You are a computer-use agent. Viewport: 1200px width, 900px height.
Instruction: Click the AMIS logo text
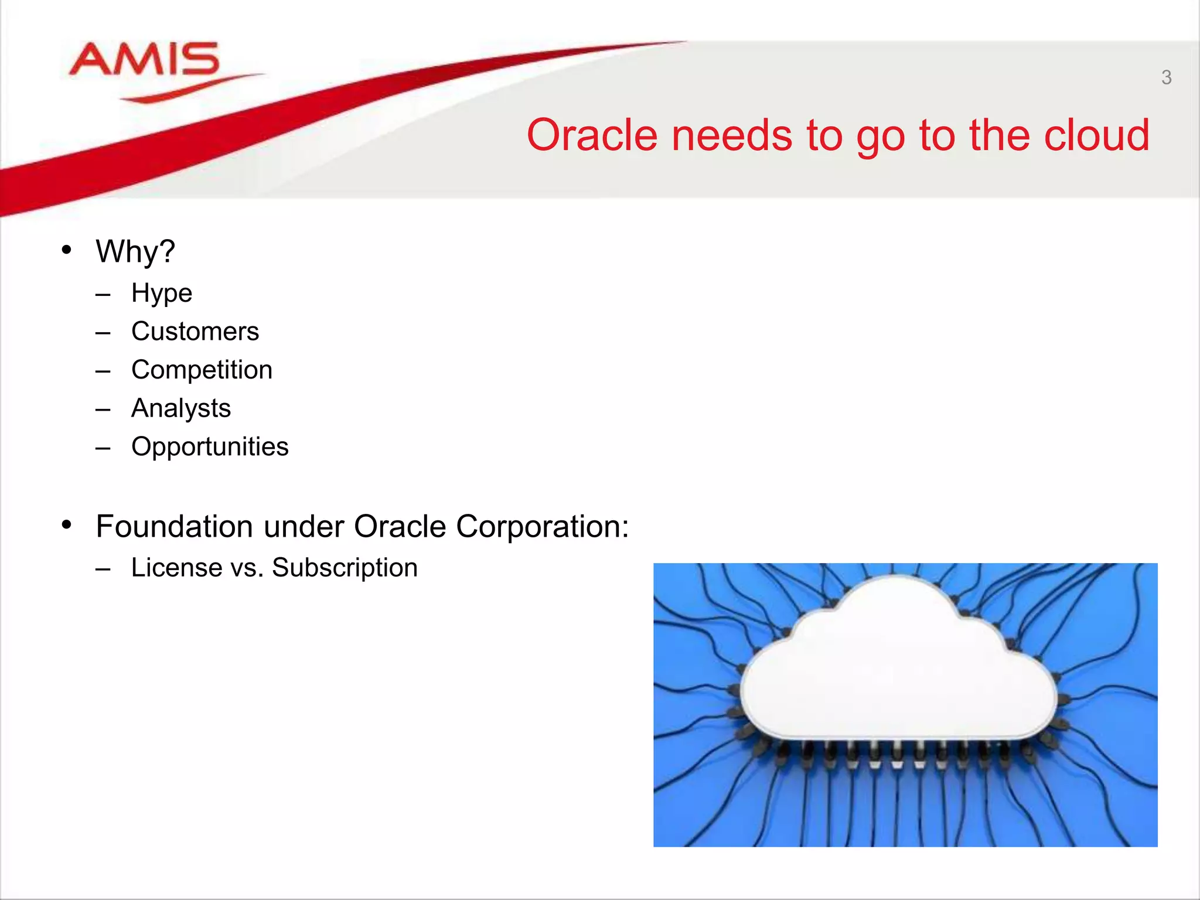click(144, 60)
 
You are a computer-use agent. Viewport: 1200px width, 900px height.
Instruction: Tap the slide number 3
click(1166, 77)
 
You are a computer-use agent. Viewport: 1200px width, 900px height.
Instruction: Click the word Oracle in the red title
click(592, 135)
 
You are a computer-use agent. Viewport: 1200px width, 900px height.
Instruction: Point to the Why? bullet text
click(135, 252)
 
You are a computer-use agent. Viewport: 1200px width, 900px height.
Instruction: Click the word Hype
click(162, 293)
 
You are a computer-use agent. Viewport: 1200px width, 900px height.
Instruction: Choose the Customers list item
click(195, 332)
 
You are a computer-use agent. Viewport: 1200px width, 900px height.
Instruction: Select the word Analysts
click(181, 408)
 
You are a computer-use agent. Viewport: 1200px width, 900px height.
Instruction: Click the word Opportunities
click(210, 447)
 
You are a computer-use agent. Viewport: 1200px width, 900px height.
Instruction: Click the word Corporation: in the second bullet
click(542, 526)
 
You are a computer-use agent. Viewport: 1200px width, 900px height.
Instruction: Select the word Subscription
click(345, 568)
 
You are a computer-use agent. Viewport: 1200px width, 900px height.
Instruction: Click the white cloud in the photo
click(896, 668)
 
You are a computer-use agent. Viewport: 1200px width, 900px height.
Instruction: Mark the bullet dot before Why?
click(67, 250)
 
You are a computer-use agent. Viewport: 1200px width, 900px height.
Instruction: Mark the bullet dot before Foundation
click(67, 524)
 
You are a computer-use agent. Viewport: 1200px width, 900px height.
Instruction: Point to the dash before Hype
click(103, 295)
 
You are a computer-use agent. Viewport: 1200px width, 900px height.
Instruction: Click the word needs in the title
click(732, 135)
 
